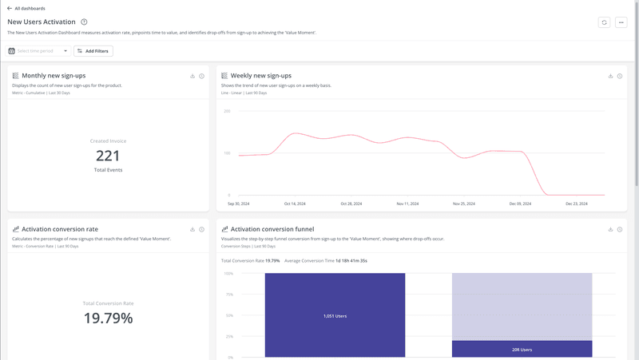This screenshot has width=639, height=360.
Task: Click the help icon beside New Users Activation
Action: (x=84, y=22)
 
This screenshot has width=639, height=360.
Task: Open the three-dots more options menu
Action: (x=621, y=22)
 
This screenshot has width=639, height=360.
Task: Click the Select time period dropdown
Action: (x=38, y=51)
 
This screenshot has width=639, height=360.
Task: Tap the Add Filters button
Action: (x=93, y=51)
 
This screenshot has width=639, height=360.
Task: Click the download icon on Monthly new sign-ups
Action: (x=192, y=76)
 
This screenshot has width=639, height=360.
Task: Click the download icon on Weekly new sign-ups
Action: (x=610, y=76)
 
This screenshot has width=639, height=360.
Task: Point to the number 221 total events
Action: (x=108, y=156)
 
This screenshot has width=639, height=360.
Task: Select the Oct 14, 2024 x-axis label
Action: (x=294, y=204)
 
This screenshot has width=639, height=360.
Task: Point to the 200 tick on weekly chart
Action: (x=227, y=111)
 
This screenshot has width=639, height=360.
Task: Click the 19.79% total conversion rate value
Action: (x=108, y=318)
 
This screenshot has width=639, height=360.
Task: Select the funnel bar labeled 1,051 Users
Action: (x=335, y=315)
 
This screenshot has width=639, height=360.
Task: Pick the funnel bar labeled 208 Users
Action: (x=522, y=349)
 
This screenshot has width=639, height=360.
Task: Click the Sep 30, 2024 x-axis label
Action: (x=238, y=204)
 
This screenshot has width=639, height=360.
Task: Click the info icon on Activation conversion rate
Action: (x=201, y=229)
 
